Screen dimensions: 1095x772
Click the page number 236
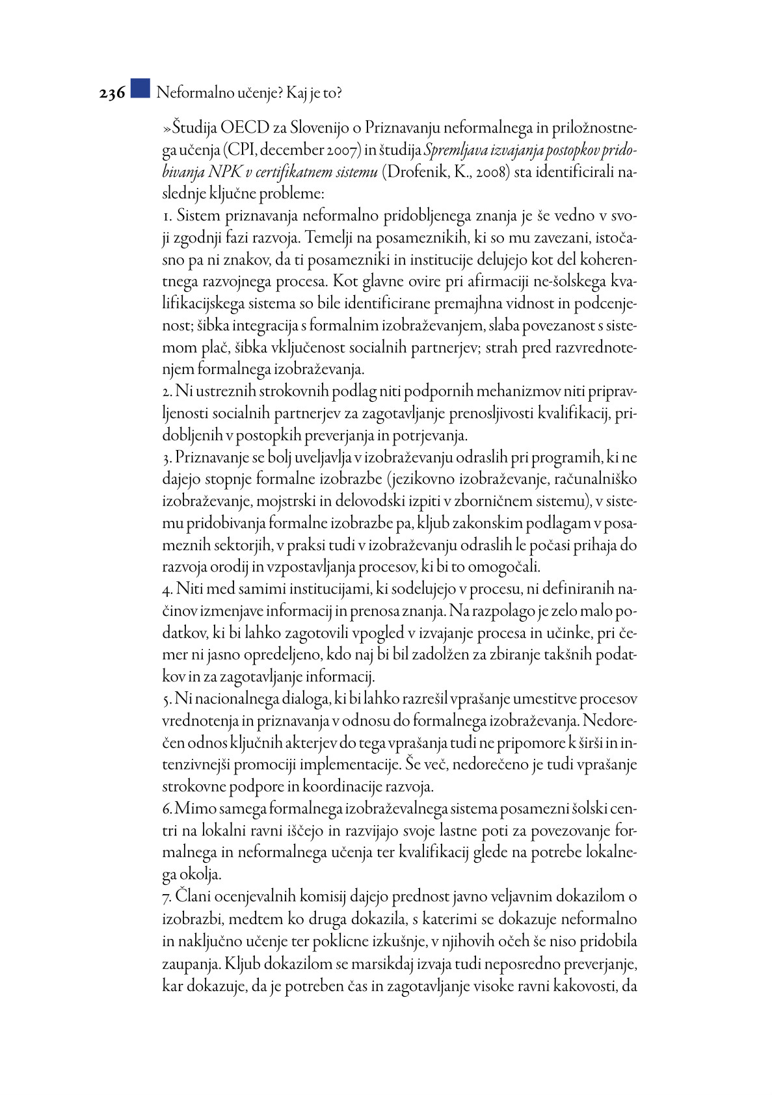pyautogui.click(x=112, y=94)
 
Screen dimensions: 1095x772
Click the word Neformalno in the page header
pyautogui.click(x=190, y=93)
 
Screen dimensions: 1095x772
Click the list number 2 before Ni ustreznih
pyautogui.click(x=166, y=391)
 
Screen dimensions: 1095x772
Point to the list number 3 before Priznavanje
pyautogui.click(x=166, y=458)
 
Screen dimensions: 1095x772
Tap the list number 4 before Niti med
pyautogui.click(x=166, y=590)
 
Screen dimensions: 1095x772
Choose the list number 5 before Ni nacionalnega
pyautogui.click(x=166, y=700)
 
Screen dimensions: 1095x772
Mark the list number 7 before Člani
pyautogui.click(x=166, y=897)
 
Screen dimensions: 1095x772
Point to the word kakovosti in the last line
pyautogui.click(x=579, y=986)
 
